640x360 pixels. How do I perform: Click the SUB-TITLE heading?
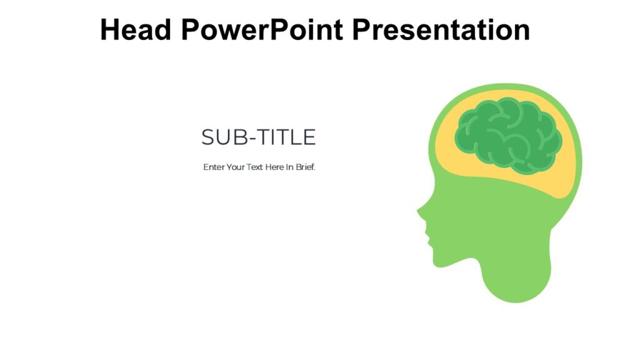(258, 137)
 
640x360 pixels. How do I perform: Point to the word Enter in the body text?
(214, 167)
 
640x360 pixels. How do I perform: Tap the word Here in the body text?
(274, 167)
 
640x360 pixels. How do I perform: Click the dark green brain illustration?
(507, 134)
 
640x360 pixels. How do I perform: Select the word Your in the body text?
(236, 167)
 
